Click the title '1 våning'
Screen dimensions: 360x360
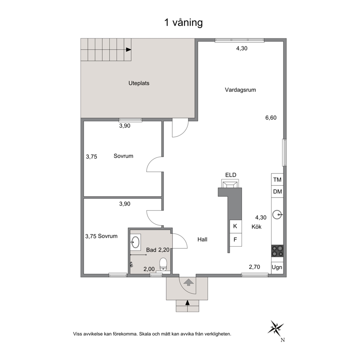(x=183, y=23)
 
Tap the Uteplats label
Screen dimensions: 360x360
(x=139, y=83)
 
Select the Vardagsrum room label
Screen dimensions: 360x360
(x=240, y=90)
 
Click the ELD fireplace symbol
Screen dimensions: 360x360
(x=230, y=183)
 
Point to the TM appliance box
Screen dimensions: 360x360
(x=277, y=180)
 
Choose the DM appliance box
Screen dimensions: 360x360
(x=277, y=192)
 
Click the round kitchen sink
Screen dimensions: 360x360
(x=277, y=215)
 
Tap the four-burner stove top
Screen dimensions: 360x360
(x=277, y=251)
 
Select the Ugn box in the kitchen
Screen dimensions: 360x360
(x=277, y=267)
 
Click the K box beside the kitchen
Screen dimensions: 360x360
(x=236, y=226)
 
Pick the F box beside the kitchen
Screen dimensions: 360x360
(x=236, y=240)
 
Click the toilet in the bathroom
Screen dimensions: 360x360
(x=163, y=265)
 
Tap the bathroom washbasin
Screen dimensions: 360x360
(x=135, y=242)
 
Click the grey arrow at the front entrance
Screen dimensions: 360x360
(x=188, y=282)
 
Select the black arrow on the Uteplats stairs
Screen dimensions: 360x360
(x=128, y=50)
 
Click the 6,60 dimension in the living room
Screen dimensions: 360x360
(x=271, y=118)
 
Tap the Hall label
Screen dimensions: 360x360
(x=202, y=240)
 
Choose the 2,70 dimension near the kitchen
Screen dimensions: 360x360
(x=254, y=267)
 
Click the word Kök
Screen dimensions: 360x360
(x=257, y=227)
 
